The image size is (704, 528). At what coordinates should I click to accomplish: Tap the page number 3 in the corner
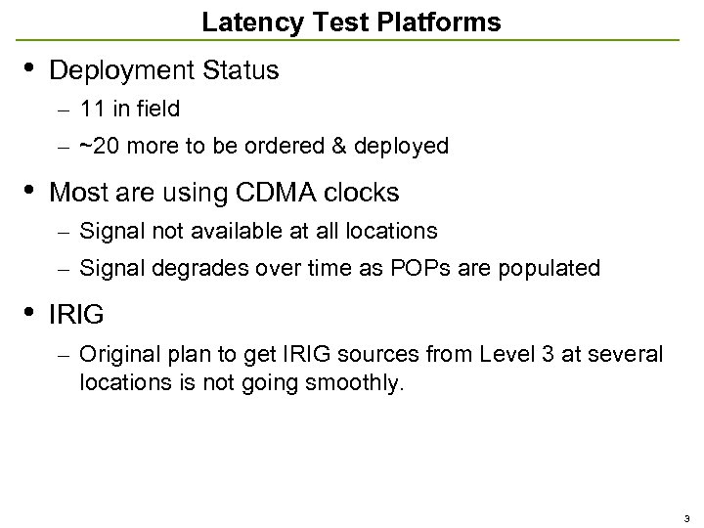(x=686, y=518)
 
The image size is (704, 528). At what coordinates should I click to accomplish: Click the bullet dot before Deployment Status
(x=28, y=68)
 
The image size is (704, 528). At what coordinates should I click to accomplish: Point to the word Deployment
(x=119, y=71)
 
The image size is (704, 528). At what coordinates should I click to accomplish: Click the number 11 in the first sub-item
(x=93, y=110)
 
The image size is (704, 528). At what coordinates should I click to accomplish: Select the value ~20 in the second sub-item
(x=96, y=147)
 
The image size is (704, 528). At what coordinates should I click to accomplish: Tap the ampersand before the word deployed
(x=340, y=147)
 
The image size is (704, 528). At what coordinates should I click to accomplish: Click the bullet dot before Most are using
(x=28, y=190)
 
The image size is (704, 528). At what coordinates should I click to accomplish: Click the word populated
(x=551, y=268)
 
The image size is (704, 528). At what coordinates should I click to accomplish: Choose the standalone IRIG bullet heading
(x=76, y=315)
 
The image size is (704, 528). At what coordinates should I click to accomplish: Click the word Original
(x=114, y=353)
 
